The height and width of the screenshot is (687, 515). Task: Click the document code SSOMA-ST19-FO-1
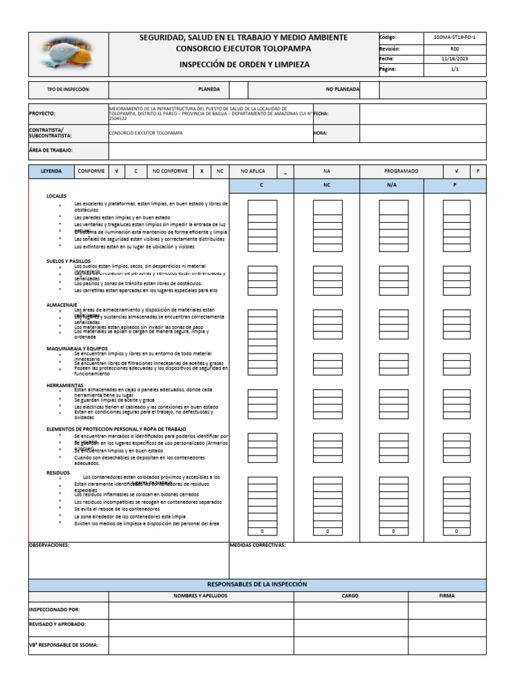tap(455, 38)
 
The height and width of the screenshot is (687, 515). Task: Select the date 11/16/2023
tap(455, 59)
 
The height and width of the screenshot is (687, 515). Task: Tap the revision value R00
tap(455, 48)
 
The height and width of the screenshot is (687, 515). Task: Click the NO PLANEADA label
tap(342, 89)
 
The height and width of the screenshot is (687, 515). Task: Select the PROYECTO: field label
tap(42, 114)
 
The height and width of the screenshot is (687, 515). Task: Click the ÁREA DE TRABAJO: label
tap(50, 151)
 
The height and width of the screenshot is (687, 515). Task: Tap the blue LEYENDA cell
tap(51, 171)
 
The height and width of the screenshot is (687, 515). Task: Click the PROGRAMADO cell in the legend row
tap(401, 171)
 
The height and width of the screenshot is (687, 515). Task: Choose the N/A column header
tap(392, 185)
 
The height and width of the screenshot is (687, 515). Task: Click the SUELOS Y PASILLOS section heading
tap(68, 261)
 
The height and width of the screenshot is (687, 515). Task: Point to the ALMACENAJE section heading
tap(62, 304)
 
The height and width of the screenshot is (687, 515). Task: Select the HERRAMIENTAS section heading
tap(64, 385)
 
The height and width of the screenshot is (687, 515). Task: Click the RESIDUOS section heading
tap(58, 472)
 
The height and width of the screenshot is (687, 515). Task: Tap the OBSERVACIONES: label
tap(48, 545)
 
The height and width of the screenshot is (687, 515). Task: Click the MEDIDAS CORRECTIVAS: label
tap(257, 545)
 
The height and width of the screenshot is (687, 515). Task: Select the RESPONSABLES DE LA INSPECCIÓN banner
tap(257, 584)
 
